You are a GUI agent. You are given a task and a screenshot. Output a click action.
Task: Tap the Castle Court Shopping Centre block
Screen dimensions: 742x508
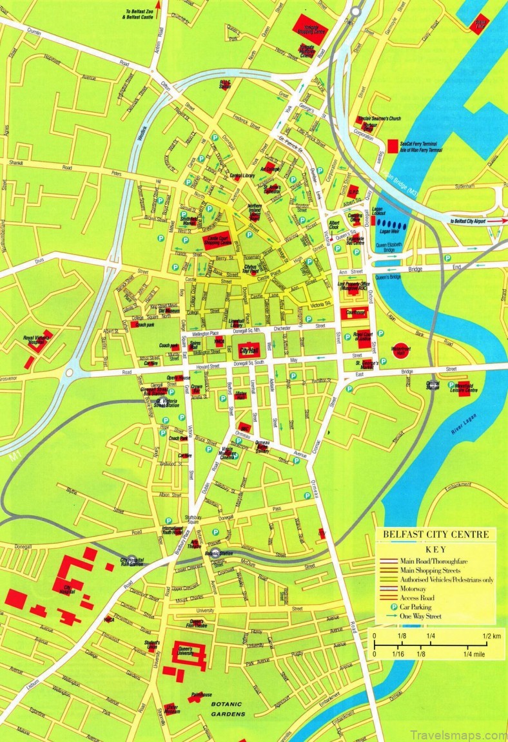point(217,240)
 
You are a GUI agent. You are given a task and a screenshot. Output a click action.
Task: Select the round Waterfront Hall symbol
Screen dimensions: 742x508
point(400,350)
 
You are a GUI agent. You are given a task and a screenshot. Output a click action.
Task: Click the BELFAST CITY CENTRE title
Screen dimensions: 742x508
point(436,534)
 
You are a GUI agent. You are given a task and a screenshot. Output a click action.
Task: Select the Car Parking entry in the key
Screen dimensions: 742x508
point(416,607)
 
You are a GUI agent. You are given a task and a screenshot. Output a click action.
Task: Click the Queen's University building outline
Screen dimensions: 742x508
point(190,653)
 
